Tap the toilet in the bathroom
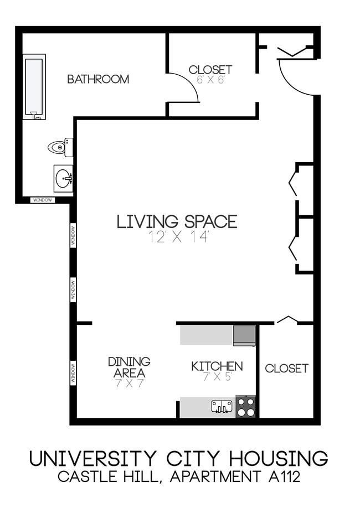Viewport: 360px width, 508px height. (59, 147)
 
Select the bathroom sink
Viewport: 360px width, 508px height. (63, 178)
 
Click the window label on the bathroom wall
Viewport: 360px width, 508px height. (42, 200)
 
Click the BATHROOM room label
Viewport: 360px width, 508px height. (98, 79)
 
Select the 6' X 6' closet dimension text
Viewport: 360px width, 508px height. (210, 80)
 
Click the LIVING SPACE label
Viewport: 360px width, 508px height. (177, 221)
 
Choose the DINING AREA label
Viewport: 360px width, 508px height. (128, 367)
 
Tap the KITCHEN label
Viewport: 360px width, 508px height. (217, 366)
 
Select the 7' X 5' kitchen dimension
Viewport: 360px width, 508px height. (217, 377)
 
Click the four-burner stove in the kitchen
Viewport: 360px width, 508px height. (246, 407)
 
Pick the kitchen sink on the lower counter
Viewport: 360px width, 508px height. (222, 407)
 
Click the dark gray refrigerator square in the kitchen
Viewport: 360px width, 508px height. (244, 335)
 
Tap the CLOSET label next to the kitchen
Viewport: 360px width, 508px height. (286, 369)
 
